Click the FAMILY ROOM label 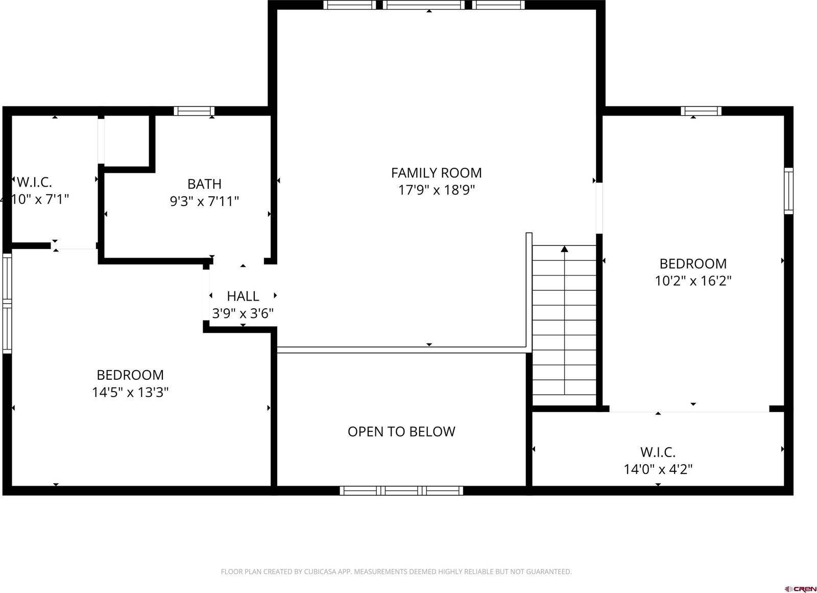click(436, 173)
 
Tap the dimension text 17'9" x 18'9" click(436, 190)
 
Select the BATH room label click(204, 184)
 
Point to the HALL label click(243, 296)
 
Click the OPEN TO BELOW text click(401, 431)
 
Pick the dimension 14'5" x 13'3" click(130, 392)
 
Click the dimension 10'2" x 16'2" click(693, 281)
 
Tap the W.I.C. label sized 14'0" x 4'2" click(658, 452)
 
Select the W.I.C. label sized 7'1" click(34, 182)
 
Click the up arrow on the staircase click(564, 249)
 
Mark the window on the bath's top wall click(194, 111)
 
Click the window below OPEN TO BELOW click(401, 491)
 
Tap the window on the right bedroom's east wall click(788, 190)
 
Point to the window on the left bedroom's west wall click(7, 303)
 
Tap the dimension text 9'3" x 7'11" click(204, 201)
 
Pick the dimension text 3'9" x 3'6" click(243, 313)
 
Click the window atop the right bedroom click(701, 111)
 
